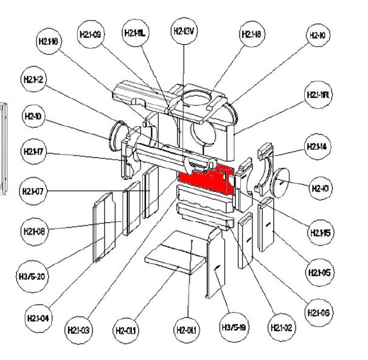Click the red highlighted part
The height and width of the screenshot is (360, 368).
point(207,179)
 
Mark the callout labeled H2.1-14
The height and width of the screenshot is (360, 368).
point(317,147)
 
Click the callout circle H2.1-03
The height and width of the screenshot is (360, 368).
point(78,330)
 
